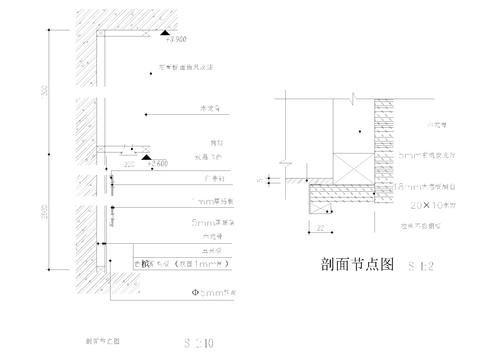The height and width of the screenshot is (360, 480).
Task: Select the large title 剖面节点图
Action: [352, 265]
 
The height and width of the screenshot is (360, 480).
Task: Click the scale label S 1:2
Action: [421, 267]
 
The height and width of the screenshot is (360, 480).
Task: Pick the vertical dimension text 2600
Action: [46, 215]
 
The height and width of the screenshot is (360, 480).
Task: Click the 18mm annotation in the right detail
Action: [421, 186]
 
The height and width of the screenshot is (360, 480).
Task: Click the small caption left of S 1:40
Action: [104, 340]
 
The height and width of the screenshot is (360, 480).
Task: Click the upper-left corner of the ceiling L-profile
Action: [99, 33]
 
